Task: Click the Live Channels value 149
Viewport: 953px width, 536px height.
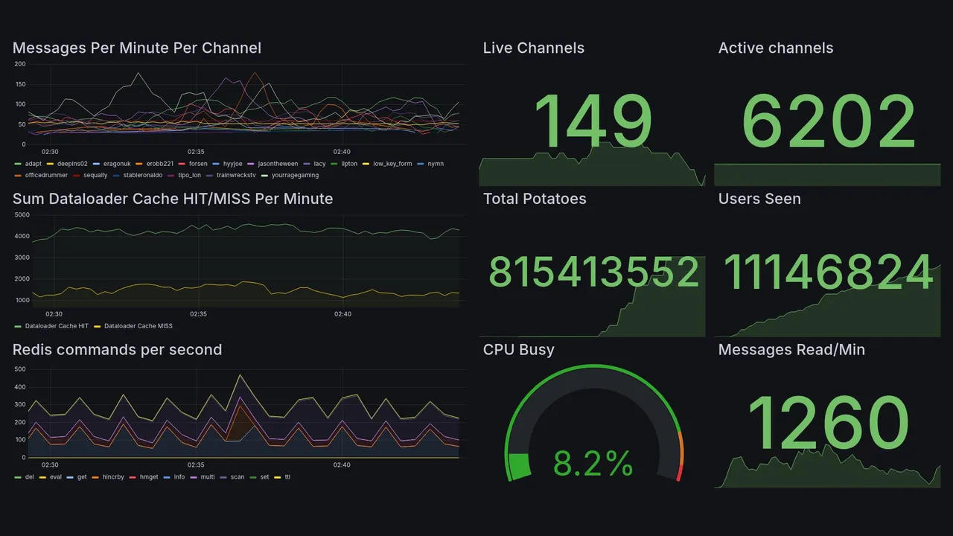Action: [x=593, y=121]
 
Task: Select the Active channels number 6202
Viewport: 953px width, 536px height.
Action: [x=828, y=121]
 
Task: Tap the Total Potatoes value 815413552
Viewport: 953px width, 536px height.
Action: [x=593, y=272]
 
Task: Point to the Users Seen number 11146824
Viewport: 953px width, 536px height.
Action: [x=828, y=272]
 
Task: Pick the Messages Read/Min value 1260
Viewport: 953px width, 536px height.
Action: [x=828, y=424]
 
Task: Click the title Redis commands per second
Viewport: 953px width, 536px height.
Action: [x=117, y=350]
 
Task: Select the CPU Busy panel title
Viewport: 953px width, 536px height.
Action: [x=518, y=350]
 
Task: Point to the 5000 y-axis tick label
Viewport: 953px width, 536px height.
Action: [x=22, y=215]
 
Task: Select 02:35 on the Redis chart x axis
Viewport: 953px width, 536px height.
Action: [x=196, y=465]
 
